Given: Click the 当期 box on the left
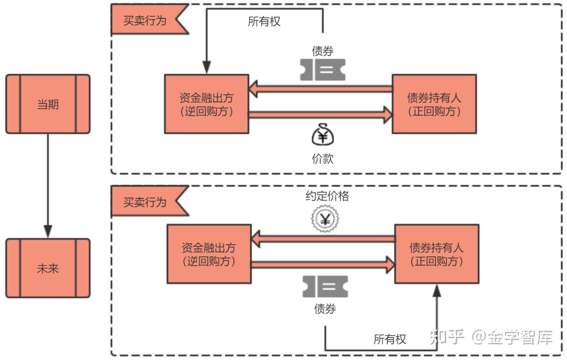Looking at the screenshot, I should pos(48,104).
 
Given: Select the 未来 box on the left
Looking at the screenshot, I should pos(48,268).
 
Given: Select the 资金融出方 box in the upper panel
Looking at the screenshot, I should pos(206,104).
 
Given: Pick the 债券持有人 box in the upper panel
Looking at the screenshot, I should pos(434,104).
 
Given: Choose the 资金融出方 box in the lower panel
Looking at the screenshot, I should pos(209,254).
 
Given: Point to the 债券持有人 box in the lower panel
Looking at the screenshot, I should pos(437,254).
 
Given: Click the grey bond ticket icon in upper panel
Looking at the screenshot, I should pos(323,70).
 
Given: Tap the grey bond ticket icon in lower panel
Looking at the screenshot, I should pos(325,286).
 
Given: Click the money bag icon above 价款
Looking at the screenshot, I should pos(323,136).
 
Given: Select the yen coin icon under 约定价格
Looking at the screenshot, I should pos(325,219).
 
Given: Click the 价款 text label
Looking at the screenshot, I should pos(323,159).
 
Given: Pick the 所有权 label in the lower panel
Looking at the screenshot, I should pos(390,339).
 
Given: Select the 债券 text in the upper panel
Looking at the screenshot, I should pos(323,51).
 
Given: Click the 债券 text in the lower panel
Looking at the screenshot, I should pos(325,308).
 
